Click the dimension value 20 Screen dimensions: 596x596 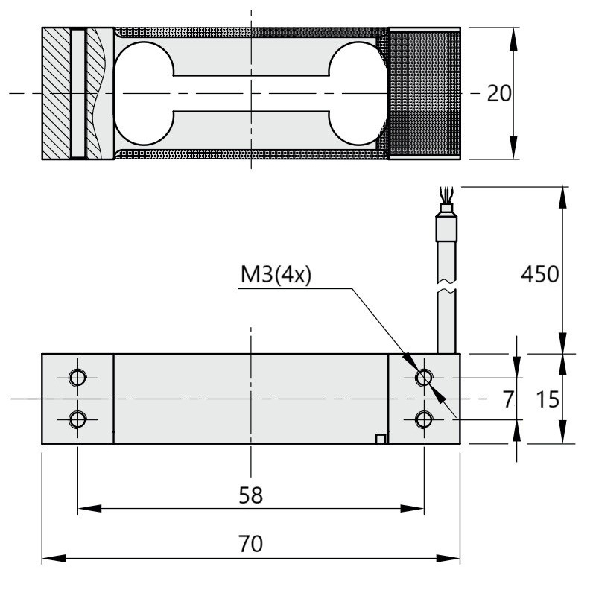[x=499, y=94]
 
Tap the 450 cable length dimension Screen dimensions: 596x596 [x=539, y=274]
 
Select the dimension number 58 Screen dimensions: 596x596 [x=251, y=495]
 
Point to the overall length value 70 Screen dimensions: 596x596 [x=250, y=544]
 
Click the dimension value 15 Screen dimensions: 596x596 [x=548, y=399]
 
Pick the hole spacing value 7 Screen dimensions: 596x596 [x=509, y=399]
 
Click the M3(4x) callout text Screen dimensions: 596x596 [x=276, y=274]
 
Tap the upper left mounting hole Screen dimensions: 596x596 [x=77, y=378]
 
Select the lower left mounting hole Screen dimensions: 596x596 [x=77, y=419]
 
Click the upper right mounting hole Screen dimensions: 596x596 [x=424, y=378]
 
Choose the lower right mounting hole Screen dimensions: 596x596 [x=424, y=419]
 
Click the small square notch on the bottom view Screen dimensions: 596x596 [x=381, y=439]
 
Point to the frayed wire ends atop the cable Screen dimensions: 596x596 [x=446, y=194]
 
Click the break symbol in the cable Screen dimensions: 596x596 [x=446, y=286]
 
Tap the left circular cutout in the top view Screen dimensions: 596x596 [x=144, y=94]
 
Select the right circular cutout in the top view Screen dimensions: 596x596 [x=358, y=94]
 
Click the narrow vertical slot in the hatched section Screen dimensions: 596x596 [x=78, y=94]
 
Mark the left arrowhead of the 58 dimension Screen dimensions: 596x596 [x=89, y=508]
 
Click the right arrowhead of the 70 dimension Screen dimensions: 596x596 [x=448, y=558]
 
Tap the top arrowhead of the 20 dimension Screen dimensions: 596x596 [x=513, y=39]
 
